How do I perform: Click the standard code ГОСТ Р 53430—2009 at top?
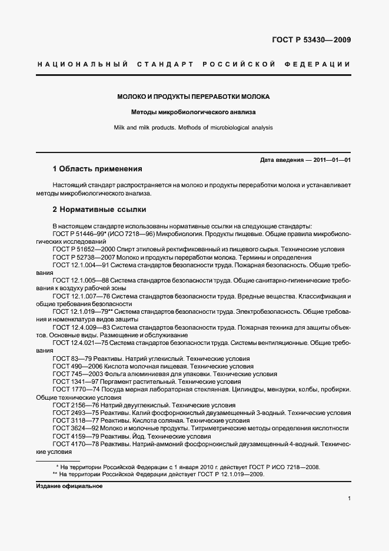pos(311,41)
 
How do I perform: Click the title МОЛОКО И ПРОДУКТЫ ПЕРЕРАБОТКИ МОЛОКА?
pos(194,96)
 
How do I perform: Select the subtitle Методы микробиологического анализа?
pos(194,111)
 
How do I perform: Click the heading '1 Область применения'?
pos(98,169)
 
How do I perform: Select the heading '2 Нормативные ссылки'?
pos(99,209)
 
